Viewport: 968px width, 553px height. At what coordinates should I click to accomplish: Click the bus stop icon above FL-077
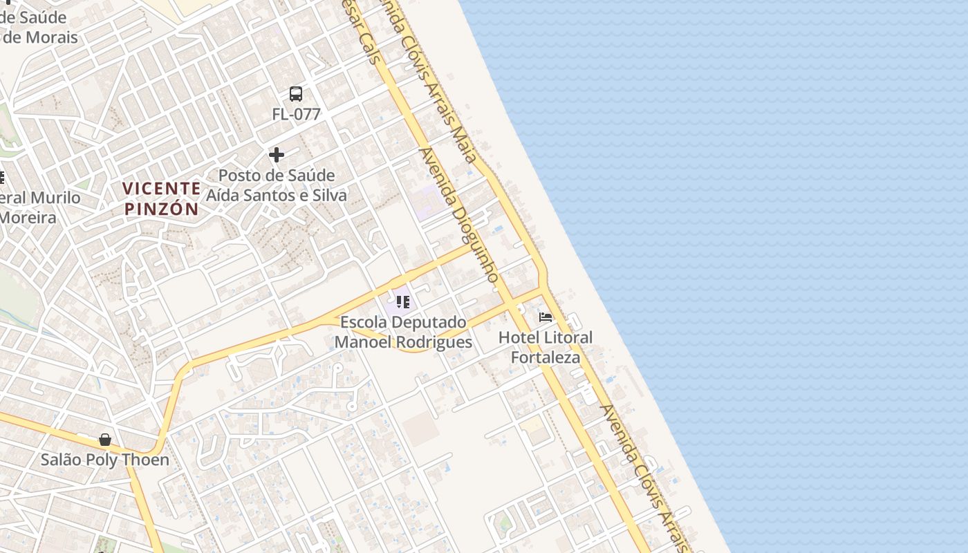click(x=296, y=94)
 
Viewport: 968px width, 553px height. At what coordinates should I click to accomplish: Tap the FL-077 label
click(x=296, y=114)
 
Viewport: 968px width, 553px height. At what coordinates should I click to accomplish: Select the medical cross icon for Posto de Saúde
click(x=277, y=155)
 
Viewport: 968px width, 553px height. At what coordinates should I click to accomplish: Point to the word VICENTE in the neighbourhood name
click(x=162, y=188)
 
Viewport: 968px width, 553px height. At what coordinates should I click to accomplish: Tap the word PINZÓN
click(x=162, y=209)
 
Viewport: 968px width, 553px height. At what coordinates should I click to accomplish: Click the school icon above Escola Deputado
click(x=403, y=302)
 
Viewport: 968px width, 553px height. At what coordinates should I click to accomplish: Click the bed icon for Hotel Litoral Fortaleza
click(x=546, y=317)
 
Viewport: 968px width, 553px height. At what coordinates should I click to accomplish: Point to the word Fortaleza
click(x=546, y=358)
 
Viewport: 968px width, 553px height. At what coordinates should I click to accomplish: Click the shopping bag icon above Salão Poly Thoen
click(x=105, y=440)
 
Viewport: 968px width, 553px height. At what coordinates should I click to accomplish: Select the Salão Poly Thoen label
click(x=104, y=460)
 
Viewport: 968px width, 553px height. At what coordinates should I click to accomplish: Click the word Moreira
click(x=28, y=218)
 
